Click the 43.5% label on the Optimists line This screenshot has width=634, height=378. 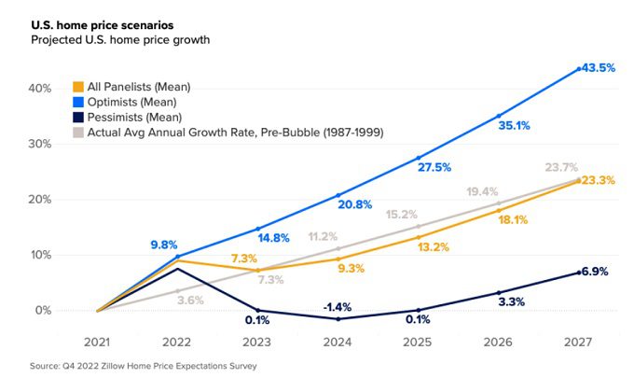597,69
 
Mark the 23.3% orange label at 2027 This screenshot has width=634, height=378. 598,181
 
